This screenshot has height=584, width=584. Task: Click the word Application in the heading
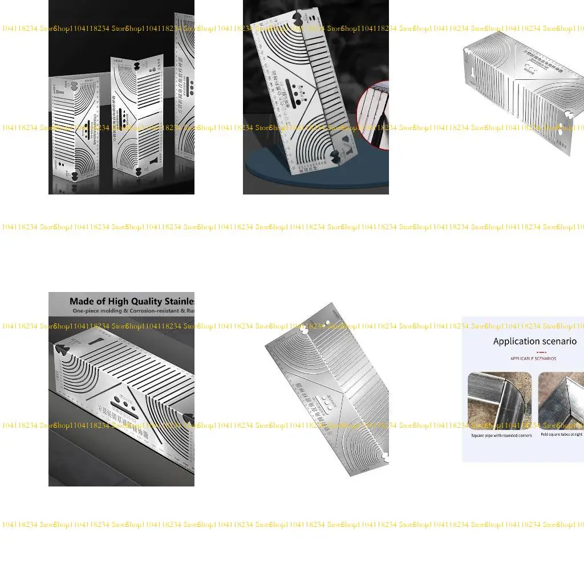click(512, 342)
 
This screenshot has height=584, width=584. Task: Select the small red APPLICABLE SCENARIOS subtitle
click(533, 359)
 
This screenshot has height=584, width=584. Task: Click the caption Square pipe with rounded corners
click(501, 436)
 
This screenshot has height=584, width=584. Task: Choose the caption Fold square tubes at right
click(561, 435)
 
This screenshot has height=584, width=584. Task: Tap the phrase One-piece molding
click(96, 311)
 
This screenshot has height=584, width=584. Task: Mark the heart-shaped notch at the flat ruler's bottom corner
click(386, 457)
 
